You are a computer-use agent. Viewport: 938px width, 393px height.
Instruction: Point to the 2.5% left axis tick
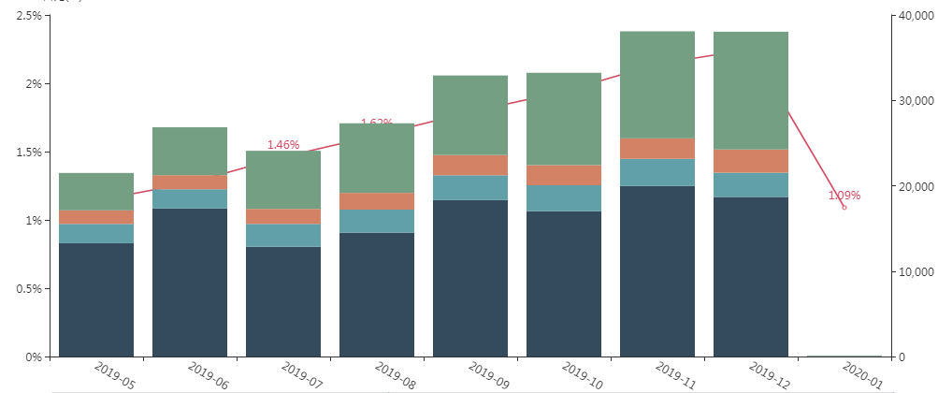pos(25,16)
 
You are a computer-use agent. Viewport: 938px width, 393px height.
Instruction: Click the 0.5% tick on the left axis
pos(25,289)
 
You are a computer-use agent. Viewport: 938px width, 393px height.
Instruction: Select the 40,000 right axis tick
pos(915,16)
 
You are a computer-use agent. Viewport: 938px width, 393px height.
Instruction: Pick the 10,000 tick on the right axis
pos(915,272)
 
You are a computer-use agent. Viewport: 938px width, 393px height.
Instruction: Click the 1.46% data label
pos(283,145)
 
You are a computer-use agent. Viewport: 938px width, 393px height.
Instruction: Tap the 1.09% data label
pos(844,196)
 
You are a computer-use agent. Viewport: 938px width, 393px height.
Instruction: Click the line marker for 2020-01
pos(844,207)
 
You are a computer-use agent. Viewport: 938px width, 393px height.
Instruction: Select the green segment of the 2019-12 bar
pos(751,90)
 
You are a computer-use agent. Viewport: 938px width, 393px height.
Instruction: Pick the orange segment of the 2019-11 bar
pos(657,148)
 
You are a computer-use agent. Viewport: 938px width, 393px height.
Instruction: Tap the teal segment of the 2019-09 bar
pos(470,187)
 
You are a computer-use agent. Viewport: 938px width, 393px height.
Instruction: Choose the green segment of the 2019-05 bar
pos(96,191)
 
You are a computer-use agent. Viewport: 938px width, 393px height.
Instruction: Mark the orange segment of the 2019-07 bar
pos(283,216)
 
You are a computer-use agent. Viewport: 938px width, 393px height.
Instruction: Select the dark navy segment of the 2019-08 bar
pos(377,294)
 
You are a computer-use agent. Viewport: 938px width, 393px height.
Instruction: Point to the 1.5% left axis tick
pos(25,153)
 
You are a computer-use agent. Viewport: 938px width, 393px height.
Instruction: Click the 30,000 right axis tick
pos(915,101)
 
